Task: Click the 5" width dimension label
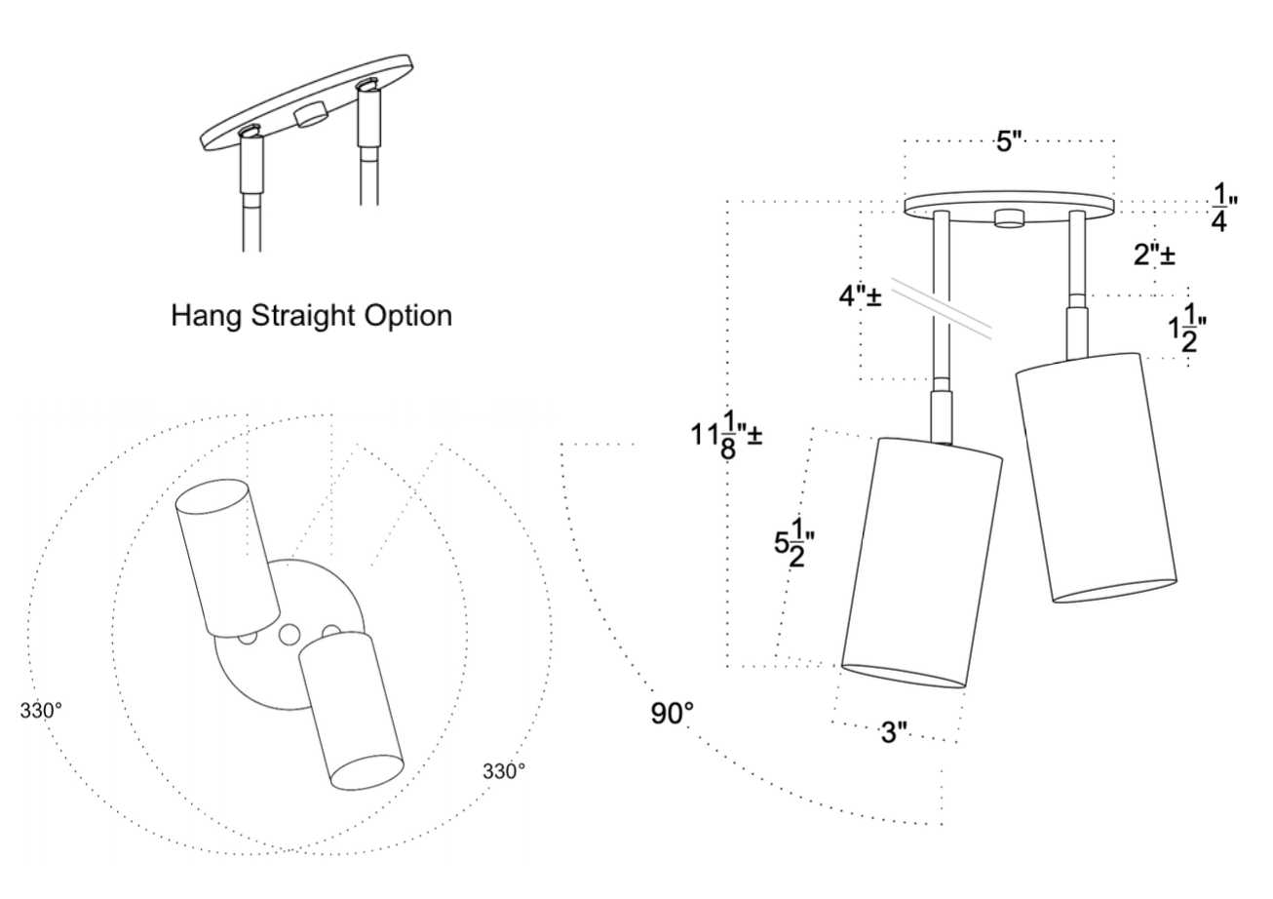(1008, 142)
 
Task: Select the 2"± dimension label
(1153, 256)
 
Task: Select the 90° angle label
(673, 713)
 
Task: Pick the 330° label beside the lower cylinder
(504, 770)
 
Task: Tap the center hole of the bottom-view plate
(289, 635)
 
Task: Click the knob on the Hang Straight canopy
(310, 114)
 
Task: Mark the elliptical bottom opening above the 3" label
(903, 677)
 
